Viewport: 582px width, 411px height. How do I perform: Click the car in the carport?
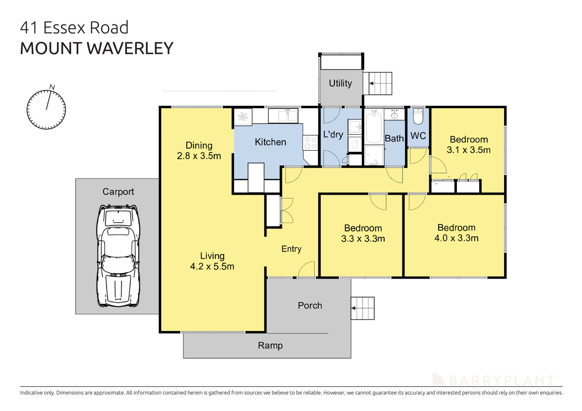[118, 256]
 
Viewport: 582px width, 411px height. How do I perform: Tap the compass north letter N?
[52, 87]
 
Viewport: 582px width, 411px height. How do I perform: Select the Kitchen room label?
[270, 142]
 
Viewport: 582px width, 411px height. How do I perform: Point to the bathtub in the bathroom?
[374, 128]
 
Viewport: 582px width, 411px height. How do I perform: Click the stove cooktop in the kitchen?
[310, 142]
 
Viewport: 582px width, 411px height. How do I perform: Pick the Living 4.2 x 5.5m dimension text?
[212, 266]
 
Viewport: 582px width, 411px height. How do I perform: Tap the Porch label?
[310, 306]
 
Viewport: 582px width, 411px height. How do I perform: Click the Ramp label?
[270, 346]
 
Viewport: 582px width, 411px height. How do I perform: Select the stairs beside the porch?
[363, 308]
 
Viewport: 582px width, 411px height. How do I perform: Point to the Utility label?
[340, 83]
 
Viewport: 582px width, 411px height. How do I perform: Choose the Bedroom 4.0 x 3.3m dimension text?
[456, 238]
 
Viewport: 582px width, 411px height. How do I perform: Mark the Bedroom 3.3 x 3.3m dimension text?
[363, 239]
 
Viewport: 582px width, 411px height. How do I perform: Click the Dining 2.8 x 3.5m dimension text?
[199, 156]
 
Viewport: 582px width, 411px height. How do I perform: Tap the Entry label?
[291, 249]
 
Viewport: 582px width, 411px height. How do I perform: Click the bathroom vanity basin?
[395, 114]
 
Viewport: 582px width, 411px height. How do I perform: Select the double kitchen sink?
[283, 116]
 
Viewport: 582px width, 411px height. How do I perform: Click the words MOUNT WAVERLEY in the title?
[96, 48]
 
